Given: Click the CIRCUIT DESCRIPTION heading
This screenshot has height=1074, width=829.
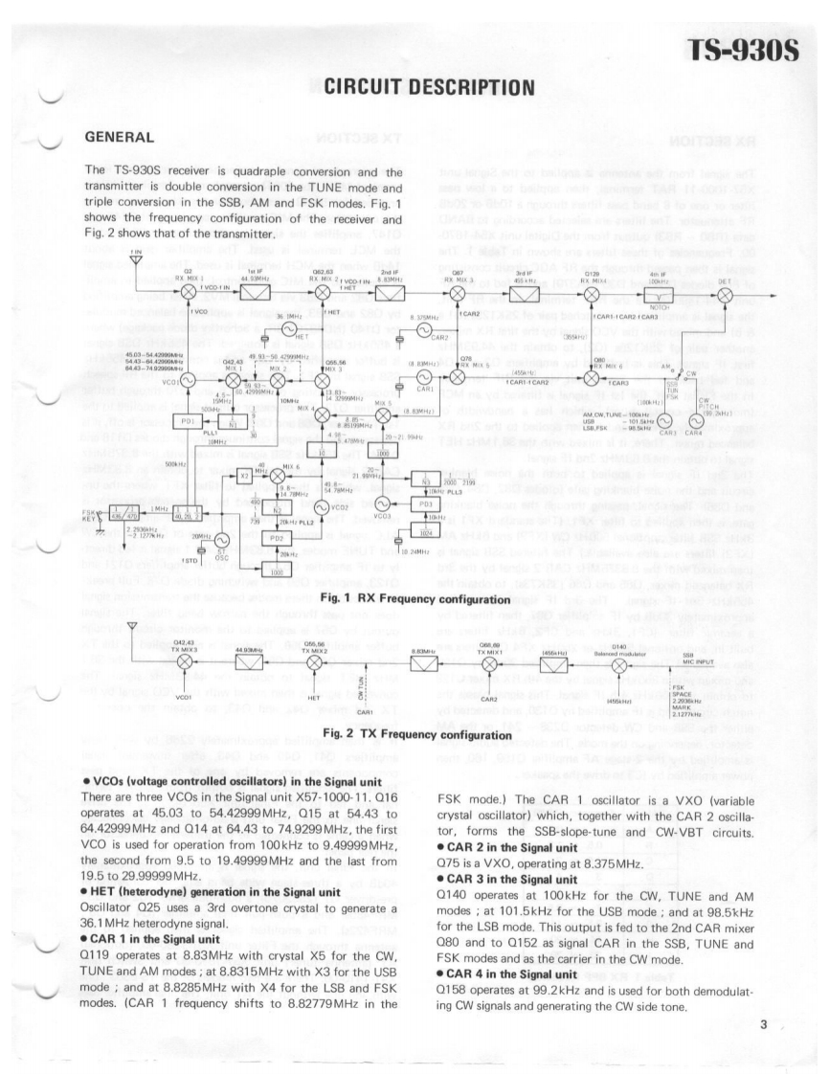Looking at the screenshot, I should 423,89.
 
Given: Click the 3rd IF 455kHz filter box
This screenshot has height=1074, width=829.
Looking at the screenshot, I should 526,289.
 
